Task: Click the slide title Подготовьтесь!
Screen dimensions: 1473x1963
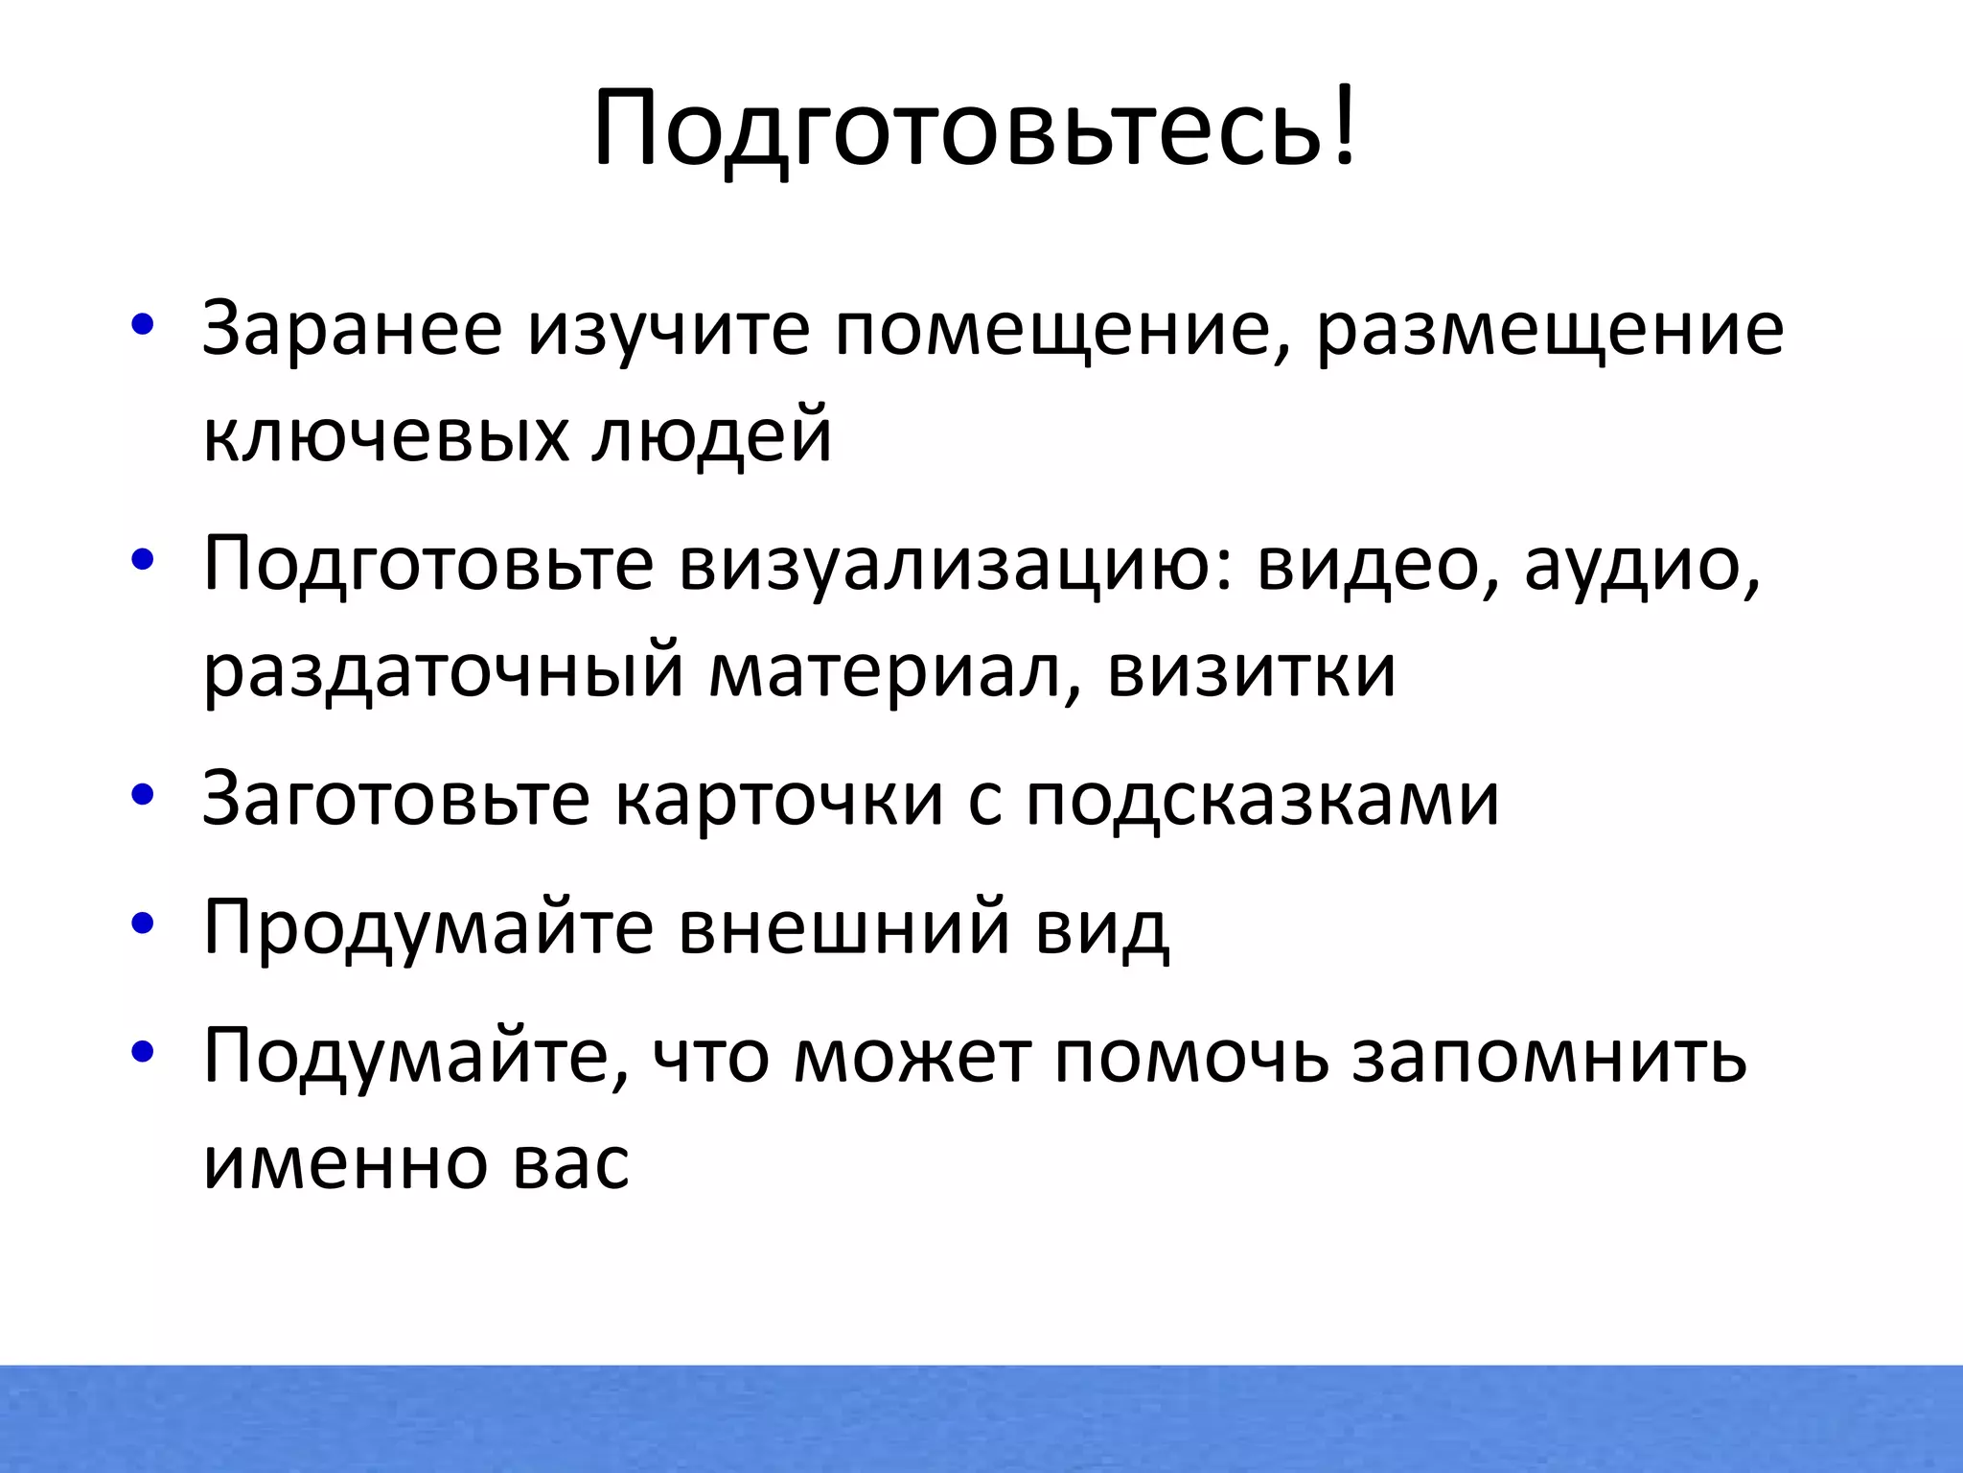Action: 975,128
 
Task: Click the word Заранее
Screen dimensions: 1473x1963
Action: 352,329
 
